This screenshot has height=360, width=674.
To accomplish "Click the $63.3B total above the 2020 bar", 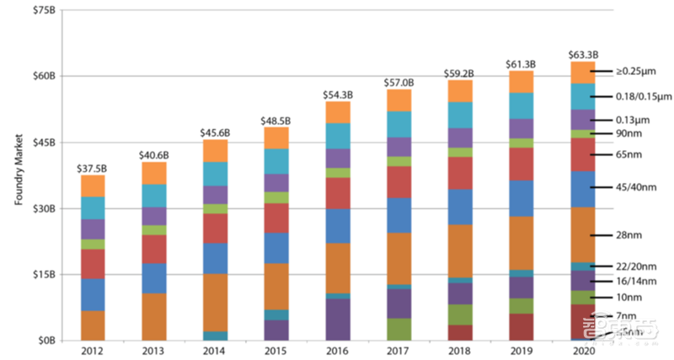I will (583, 53).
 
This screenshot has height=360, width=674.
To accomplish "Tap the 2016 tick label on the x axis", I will (338, 349).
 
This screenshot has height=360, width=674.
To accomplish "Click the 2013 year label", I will (154, 349).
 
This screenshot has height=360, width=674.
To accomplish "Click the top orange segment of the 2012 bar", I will (93, 185).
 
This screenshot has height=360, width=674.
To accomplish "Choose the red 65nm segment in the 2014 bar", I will (215, 228).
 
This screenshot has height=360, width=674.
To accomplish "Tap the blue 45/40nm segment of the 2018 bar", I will (460, 207).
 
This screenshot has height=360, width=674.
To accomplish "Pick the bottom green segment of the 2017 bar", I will (399, 329).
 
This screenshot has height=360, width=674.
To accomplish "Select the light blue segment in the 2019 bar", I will (522, 105).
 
